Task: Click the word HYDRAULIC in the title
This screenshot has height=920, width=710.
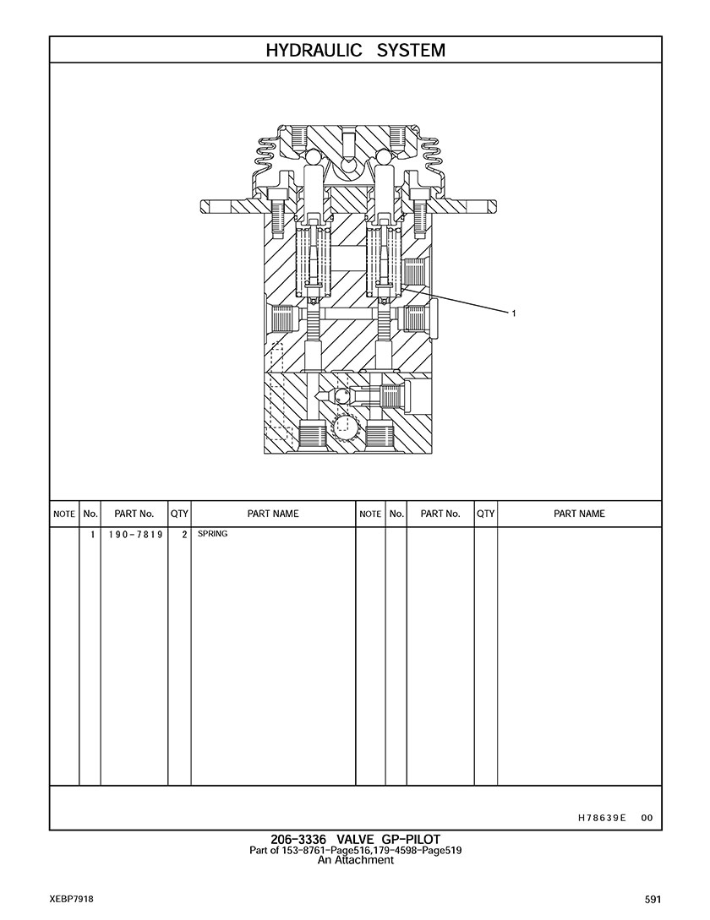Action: pos(314,51)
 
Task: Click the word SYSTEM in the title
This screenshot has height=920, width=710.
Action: pos(411,51)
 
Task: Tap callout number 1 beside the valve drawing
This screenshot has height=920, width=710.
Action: pos(514,313)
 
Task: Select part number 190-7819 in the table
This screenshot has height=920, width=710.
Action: pos(135,535)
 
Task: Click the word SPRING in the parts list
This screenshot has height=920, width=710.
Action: pos(213,534)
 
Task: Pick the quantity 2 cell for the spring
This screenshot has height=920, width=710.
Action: pos(184,535)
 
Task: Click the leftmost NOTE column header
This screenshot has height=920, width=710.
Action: pos(64,514)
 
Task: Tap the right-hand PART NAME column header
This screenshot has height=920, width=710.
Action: pos(579,514)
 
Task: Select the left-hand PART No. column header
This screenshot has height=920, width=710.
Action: pos(134,514)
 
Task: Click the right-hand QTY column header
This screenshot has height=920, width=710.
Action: pos(486,514)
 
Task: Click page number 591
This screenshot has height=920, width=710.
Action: pos(653,900)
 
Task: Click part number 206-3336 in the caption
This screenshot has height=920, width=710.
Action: pos(298,840)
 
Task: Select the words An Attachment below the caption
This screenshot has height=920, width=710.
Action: pos(355,860)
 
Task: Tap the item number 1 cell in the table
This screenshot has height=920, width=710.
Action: pos(92,535)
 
